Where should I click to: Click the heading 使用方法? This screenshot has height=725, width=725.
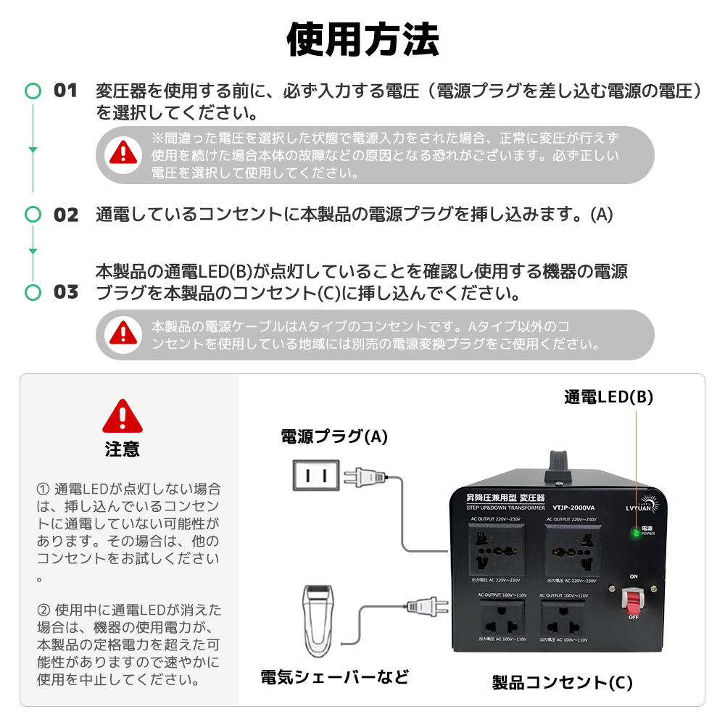(x=362, y=39)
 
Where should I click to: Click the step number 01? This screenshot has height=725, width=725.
(x=65, y=91)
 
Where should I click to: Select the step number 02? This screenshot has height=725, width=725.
(x=65, y=215)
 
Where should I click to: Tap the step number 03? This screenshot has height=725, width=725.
(x=65, y=292)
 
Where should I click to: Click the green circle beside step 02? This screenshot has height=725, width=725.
(x=33, y=214)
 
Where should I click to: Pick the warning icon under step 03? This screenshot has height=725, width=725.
(x=123, y=333)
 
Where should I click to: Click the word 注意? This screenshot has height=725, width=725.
(x=123, y=449)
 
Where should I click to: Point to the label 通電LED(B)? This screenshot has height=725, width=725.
(x=609, y=397)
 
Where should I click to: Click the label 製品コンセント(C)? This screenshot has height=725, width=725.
(x=563, y=682)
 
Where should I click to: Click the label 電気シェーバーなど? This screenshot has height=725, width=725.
(x=334, y=677)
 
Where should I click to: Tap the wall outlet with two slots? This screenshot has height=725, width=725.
(x=315, y=476)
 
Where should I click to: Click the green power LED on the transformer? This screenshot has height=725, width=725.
(x=635, y=533)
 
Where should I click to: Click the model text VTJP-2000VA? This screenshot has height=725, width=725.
(x=572, y=507)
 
